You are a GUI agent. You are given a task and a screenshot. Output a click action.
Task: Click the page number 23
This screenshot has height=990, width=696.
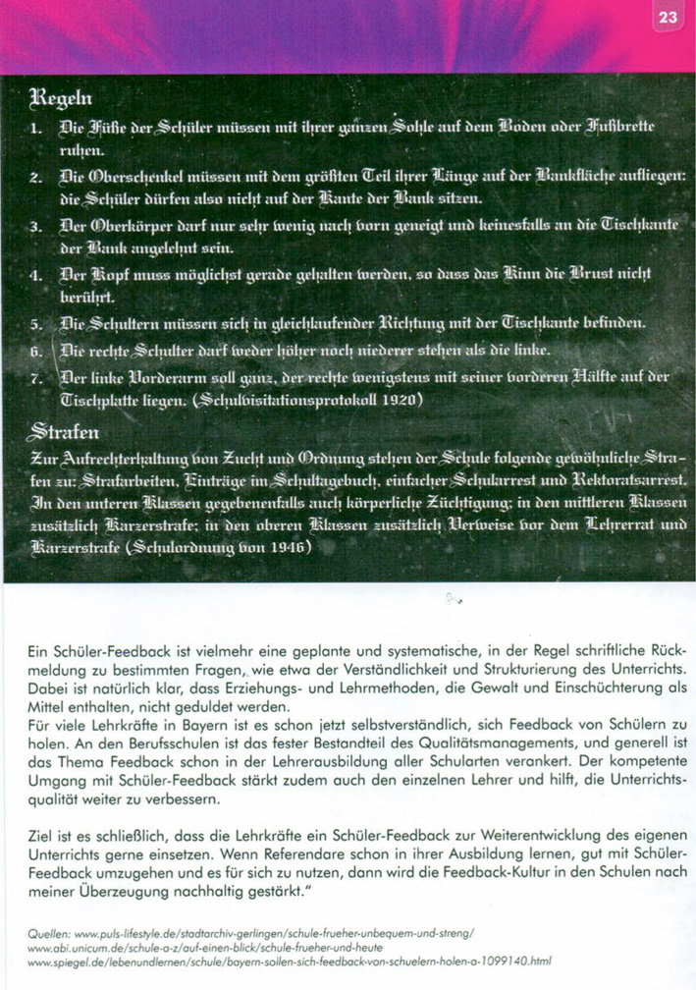pyautogui.click(x=668, y=17)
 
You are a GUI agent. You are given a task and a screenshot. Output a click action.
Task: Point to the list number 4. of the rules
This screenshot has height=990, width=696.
pyautogui.click(x=35, y=269)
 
